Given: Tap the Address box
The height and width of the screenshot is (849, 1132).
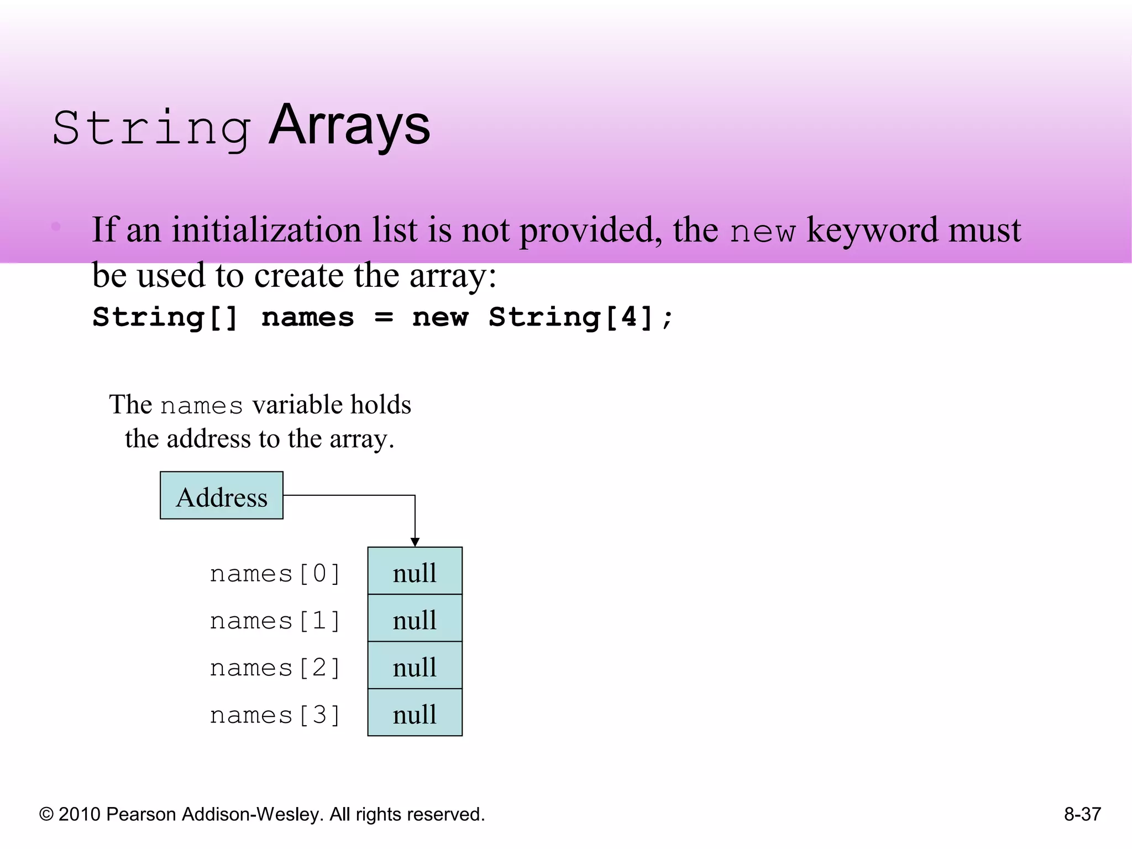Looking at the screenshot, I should coord(222,496).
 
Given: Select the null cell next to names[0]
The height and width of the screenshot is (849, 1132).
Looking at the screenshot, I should coord(415,572).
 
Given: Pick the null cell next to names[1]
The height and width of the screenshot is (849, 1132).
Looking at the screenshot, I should coord(415,619).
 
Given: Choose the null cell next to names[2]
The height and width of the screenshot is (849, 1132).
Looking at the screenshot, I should coord(415,665).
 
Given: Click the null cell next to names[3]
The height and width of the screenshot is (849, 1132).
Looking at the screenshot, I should coord(415,713).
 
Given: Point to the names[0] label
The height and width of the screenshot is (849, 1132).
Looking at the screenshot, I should coord(275,574).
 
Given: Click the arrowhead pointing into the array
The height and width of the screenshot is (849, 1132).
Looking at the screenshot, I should coord(415,542).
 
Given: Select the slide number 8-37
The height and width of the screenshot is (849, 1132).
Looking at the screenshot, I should coord(1082,814).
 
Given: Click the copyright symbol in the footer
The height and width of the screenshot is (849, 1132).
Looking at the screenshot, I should coord(46,815).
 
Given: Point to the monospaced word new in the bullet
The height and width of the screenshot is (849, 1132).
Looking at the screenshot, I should coord(762,231).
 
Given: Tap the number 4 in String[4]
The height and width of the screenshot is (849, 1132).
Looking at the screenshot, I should coord(629,317).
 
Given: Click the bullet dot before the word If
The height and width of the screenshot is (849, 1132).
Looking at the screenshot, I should coord(56,226).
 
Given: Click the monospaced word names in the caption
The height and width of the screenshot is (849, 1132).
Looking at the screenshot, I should coord(202,406).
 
